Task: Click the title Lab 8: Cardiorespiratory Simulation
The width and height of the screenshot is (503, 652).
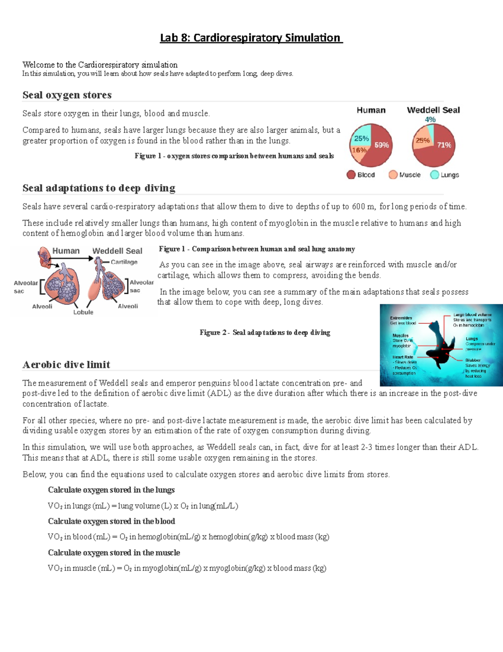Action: (251, 38)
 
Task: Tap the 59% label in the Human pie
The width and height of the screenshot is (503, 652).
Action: (381, 145)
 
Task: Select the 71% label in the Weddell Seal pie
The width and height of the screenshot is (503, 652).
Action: (444, 145)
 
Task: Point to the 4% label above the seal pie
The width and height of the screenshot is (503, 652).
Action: (430, 120)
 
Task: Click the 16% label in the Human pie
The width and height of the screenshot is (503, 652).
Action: (359, 150)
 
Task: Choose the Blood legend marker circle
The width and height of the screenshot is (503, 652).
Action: (351, 175)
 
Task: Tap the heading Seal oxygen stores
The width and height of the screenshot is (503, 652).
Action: (67, 95)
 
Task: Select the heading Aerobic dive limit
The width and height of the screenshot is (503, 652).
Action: (66, 364)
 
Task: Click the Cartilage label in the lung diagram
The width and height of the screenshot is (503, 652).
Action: (124, 262)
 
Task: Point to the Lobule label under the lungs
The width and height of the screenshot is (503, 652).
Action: (83, 312)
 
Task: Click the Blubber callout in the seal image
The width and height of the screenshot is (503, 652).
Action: (473, 360)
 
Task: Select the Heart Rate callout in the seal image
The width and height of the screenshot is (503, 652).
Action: (403, 357)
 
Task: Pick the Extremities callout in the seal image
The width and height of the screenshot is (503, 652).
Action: (401, 318)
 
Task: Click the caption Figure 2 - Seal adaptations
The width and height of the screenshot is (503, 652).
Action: (265, 333)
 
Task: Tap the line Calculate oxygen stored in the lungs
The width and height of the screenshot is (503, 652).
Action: (111, 490)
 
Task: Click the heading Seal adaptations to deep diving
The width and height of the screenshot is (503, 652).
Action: (99, 188)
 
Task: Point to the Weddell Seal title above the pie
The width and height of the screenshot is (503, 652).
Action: (433, 110)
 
